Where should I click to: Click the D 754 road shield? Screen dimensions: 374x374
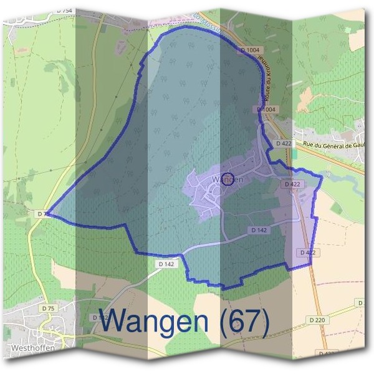coord(64,11)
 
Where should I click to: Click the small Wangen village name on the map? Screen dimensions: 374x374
coord(227,179)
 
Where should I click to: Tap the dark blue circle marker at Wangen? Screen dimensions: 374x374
coord(228,179)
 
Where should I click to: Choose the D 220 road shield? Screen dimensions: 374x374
coord(317,320)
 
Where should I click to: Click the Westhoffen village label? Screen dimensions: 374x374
coord(29,348)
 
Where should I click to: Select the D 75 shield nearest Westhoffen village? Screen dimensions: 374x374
coord(47,309)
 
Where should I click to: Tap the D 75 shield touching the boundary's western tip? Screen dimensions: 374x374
coord(42,214)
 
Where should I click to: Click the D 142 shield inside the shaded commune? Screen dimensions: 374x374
coord(259,230)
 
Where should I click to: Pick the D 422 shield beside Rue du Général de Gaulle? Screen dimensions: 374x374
coord(284,143)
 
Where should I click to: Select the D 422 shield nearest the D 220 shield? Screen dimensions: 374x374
coord(305,252)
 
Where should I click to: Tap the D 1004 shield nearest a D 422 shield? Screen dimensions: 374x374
coord(266,110)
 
